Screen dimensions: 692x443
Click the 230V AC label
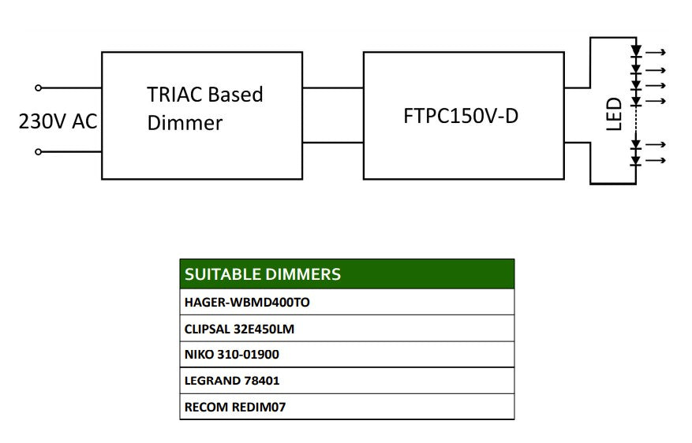58,121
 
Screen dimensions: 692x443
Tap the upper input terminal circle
39,88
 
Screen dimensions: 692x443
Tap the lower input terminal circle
39,152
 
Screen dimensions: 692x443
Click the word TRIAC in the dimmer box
174,95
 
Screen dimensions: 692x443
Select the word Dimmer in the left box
185,123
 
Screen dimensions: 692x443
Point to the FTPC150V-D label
461,117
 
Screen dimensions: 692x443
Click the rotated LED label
614,114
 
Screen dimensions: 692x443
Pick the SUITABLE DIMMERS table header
263,274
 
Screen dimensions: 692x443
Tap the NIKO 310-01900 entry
232,355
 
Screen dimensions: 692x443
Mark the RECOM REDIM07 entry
235,407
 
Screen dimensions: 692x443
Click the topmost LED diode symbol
636,50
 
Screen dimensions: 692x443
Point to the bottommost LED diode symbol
636,162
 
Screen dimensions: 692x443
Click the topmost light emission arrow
656,53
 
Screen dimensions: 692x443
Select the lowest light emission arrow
656,161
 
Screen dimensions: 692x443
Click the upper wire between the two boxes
333,88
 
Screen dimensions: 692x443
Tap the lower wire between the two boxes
333,143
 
